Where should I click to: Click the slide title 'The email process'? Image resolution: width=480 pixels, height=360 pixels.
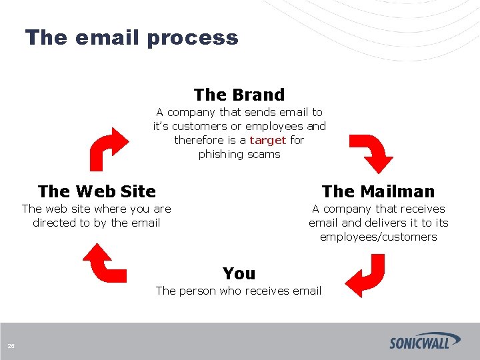point(131,37)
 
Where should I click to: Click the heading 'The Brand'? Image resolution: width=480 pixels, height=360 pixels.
point(239,95)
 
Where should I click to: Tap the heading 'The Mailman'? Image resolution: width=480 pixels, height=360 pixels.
point(378,191)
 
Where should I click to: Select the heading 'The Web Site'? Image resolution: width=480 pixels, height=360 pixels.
point(97,191)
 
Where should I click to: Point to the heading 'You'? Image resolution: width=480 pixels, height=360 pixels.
point(239,273)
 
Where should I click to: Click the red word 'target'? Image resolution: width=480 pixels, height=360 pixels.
point(267,140)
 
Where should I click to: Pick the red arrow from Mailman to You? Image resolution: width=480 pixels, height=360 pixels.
point(365,275)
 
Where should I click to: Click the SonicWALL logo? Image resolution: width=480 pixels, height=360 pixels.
point(425,341)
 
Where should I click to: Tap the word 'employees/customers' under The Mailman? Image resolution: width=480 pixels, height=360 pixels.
point(378,237)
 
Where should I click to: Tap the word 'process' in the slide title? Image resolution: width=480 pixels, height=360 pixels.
point(193,37)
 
